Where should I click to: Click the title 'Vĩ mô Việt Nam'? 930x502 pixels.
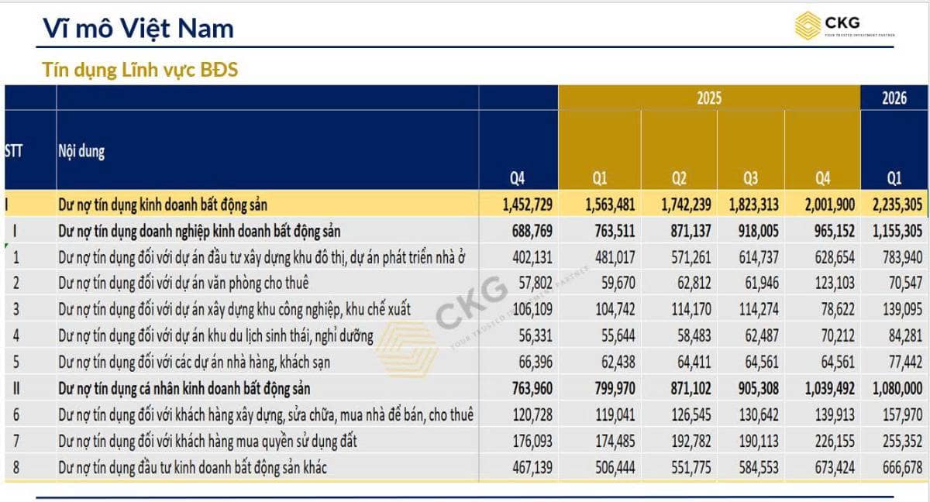[x=138, y=29]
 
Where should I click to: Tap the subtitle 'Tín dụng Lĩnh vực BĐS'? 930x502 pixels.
[x=140, y=70]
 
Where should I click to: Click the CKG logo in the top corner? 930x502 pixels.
[x=845, y=26]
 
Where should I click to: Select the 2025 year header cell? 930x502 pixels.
[x=709, y=98]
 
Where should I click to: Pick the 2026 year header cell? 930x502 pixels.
[x=894, y=98]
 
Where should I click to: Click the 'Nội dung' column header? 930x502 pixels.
[x=81, y=151]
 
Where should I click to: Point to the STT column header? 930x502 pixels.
[x=14, y=151]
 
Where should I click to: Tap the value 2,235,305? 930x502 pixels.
[x=897, y=205]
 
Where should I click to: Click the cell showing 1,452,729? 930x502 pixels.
[x=527, y=205]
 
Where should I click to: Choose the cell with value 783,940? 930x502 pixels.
[x=902, y=257]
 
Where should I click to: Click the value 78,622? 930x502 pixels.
[x=838, y=310]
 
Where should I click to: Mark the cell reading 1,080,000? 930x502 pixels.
[x=897, y=389]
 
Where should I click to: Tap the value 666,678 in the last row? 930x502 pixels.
[x=902, y=468]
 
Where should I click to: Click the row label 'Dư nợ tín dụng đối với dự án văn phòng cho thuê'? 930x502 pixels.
[x=184, y=284]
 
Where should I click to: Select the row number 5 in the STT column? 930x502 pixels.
[x=15, y=363]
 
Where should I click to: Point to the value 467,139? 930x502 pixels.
[x=532, y=468]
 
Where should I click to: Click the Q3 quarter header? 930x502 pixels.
[x=751, y=178]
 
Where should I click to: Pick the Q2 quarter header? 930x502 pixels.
[x=679, y=178]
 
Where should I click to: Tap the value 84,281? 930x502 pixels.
[x=905, y=336]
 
